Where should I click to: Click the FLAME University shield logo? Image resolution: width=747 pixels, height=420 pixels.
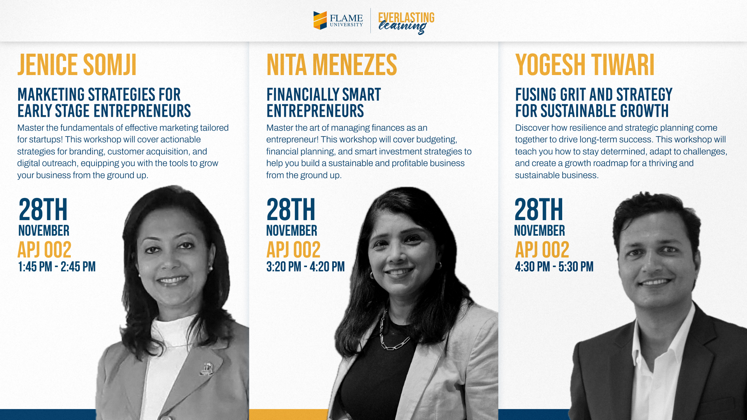point(320,20)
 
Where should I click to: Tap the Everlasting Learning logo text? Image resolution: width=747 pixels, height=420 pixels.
point(406,23)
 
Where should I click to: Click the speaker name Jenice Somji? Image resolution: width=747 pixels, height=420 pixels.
point(77,65)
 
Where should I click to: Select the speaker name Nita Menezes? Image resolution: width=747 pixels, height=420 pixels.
point(331,65)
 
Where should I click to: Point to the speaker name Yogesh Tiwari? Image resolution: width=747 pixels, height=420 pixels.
point(585,65)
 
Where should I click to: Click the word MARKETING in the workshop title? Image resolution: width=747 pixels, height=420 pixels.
point(51,95)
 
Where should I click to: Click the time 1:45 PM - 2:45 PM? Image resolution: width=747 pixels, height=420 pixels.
point(57,267)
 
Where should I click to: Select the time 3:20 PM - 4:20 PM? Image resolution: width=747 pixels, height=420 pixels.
point(305,267)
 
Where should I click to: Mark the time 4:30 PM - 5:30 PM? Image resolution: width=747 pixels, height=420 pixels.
point(554,267)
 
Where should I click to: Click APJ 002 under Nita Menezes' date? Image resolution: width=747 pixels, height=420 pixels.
point(293,250)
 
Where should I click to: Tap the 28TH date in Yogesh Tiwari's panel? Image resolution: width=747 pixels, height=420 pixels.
point(539,210)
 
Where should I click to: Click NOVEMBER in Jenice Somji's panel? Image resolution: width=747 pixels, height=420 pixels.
point(44,231)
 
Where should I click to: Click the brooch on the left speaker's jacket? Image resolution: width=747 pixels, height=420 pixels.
point(207,368)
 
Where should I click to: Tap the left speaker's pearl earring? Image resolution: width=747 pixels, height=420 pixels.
point(211,268)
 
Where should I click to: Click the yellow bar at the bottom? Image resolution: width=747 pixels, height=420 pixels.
point(288,415)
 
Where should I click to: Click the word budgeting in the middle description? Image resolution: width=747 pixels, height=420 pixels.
point(437,140)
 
